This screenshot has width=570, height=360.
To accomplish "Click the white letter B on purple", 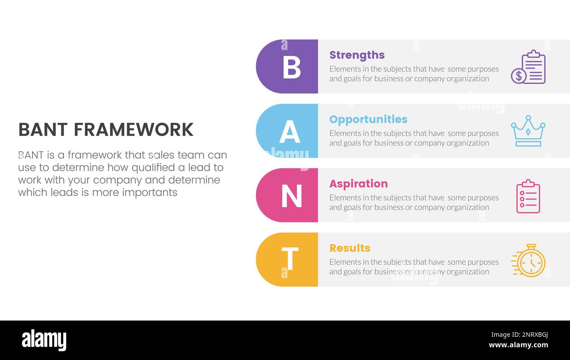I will point(292,67).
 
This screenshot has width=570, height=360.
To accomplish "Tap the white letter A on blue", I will point(290,132).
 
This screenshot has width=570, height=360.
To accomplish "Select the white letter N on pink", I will point(292,196).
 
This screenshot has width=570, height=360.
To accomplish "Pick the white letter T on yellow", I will point(290,259).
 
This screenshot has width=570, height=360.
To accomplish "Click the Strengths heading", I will point(357,55).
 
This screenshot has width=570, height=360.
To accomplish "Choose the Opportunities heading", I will point(368,119).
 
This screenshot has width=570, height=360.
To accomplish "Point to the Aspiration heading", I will point(358,184).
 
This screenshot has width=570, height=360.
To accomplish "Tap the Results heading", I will point(349,248).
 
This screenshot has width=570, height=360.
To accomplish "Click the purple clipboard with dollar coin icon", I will point(528,67).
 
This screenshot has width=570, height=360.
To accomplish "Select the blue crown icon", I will point(528,131).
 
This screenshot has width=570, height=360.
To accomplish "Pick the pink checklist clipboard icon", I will point(528,196).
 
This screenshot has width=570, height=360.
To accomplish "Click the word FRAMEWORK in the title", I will point(133,130).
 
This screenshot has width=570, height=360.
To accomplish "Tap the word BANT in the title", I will point(43,130).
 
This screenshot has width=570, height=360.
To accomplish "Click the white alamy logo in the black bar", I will point(44,340).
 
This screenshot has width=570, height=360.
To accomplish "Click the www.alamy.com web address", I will point(518,345).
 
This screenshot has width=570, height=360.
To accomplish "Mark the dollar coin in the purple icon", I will point(518,76).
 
